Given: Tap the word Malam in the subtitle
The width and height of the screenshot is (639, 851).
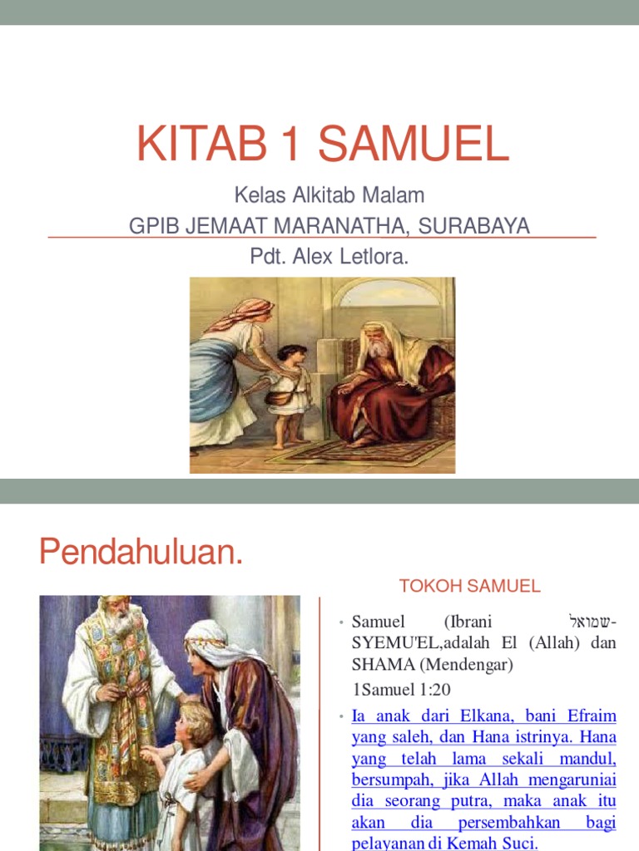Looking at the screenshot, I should (x=396, y=196).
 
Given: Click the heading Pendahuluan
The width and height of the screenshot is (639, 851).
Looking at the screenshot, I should (x=141, y=551).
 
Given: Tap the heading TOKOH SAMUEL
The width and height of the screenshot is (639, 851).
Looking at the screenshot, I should (x=469, y=587).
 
